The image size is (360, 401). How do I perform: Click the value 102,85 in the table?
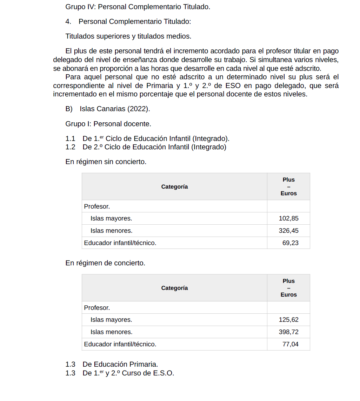point(288,218)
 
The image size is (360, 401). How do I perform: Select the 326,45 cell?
point(288,231)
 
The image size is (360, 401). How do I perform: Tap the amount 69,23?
point(290,243)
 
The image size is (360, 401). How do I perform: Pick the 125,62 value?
point(288,320)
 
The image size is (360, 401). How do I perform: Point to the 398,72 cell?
point(288,332)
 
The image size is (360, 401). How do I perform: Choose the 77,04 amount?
point(290,344)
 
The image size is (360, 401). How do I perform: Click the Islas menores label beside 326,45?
point(111,231)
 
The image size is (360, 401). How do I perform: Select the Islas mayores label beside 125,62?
point(111,320)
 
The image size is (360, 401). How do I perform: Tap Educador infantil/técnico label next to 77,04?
point(120,344)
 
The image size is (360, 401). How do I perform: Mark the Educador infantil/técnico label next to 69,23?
point(120,243)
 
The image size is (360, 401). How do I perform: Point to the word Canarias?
point(111,109)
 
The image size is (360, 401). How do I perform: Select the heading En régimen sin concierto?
point(106,162)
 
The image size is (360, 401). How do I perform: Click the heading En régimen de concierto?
point(105,263)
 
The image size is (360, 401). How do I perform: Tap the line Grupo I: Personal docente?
point(108,124)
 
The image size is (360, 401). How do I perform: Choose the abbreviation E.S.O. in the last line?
point(164,373)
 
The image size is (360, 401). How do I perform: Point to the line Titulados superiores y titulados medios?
point(128,36)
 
